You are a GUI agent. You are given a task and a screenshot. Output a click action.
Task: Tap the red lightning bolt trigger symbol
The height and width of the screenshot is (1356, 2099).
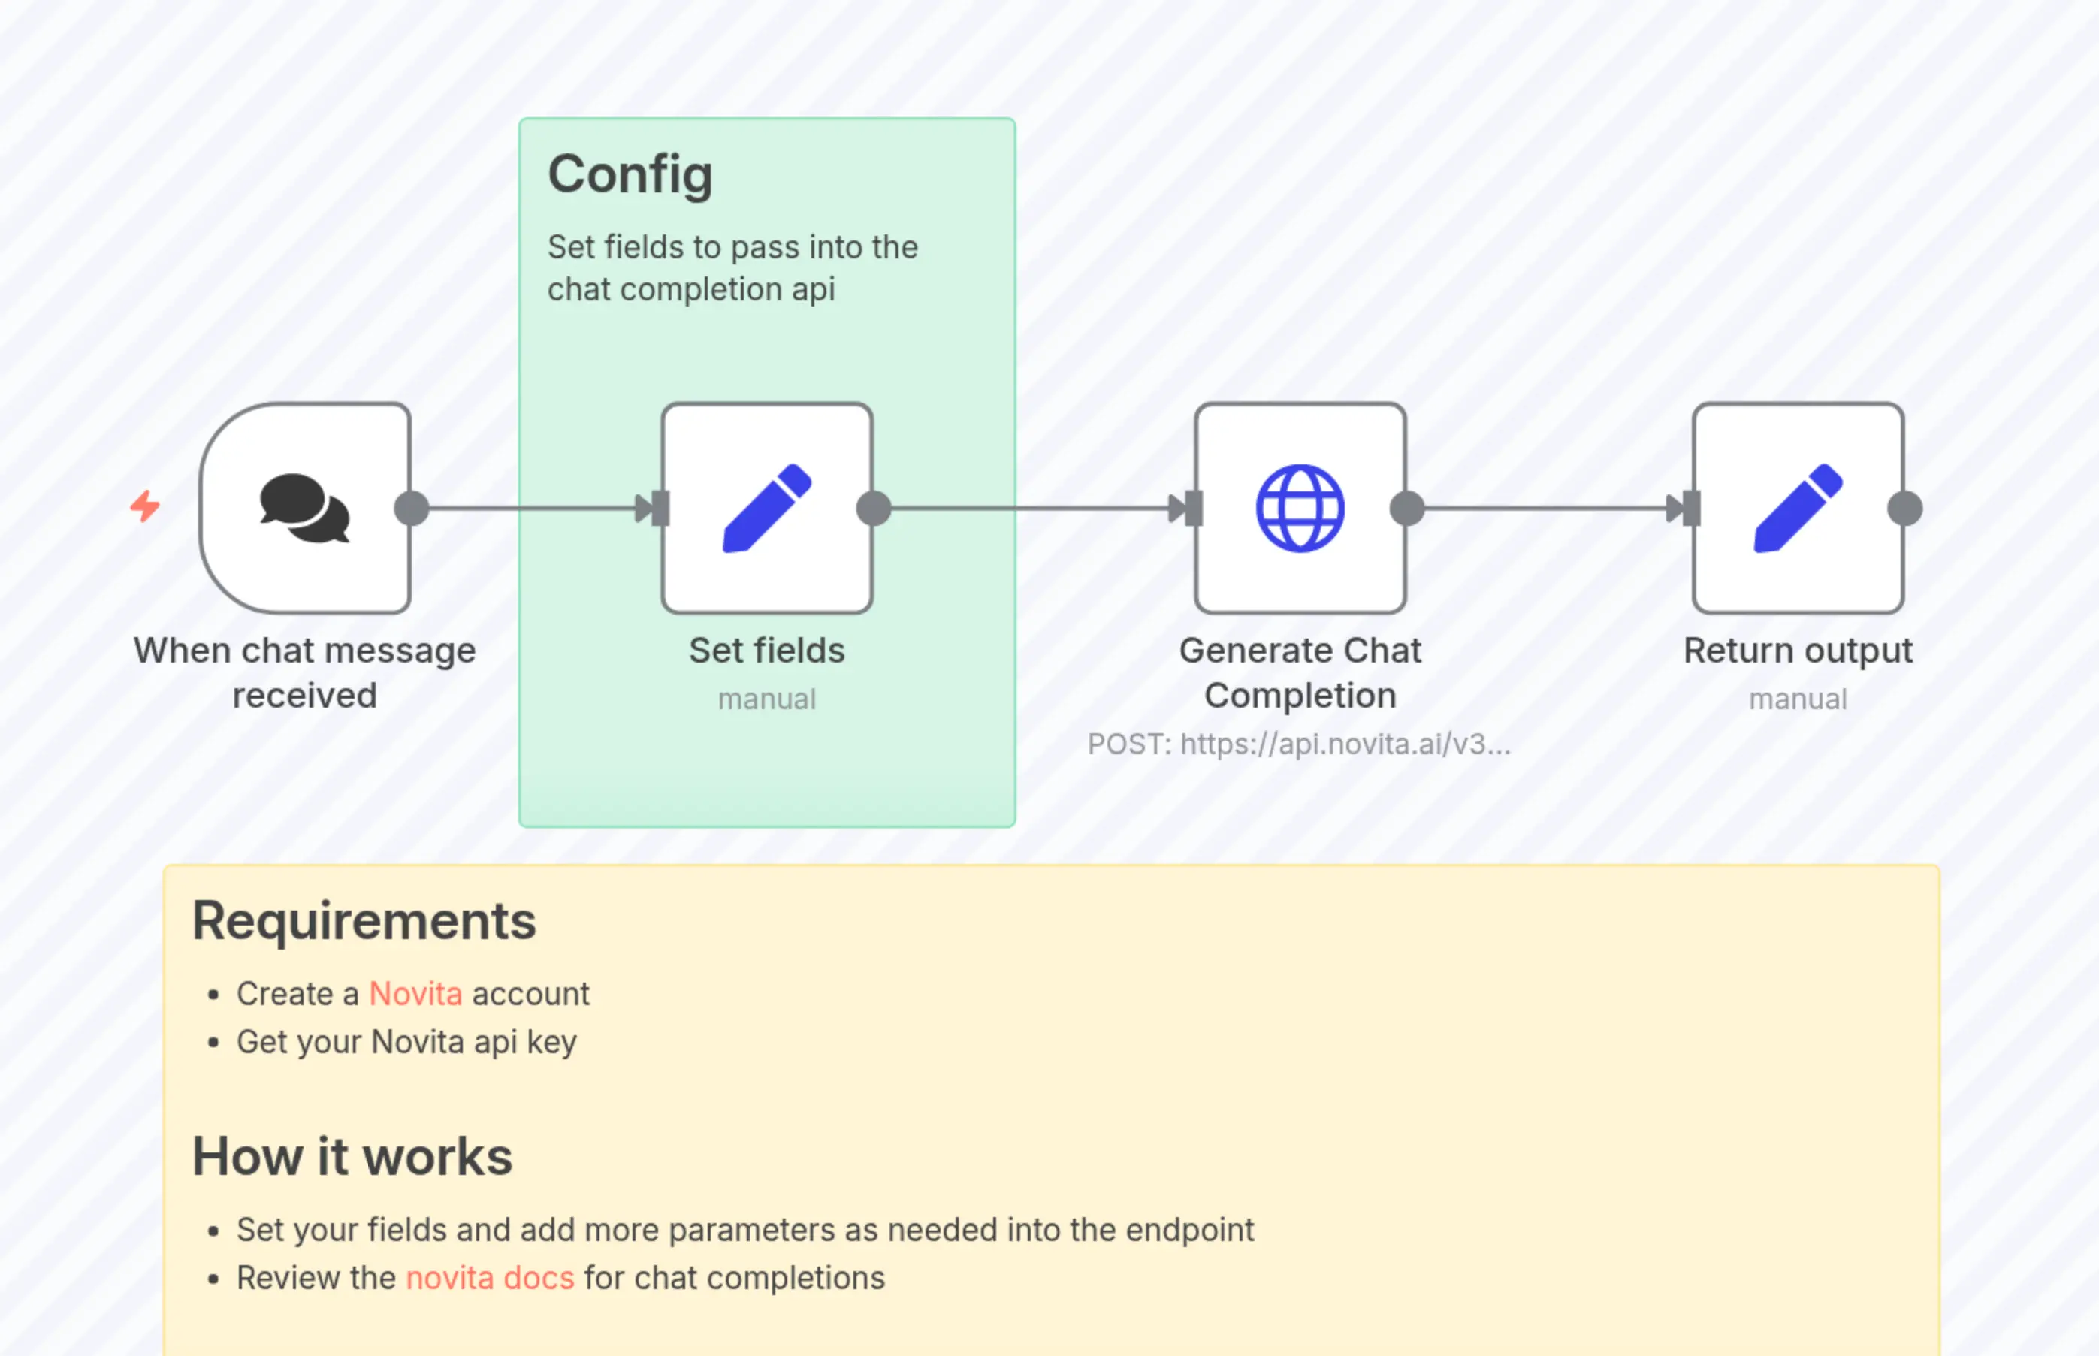pos(145,506)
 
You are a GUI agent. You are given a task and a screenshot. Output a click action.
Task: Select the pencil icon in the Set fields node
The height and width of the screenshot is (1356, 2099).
pos(767,508)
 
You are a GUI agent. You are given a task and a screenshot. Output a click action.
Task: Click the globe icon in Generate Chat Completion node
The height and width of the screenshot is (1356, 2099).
pos(1300,508)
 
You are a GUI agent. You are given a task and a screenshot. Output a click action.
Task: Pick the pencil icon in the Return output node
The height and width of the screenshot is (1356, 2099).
pos(1798,508)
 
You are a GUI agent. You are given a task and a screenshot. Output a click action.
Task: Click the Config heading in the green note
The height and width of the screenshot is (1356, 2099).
pos(630,174)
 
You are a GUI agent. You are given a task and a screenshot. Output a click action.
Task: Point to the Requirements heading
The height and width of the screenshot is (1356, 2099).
pos(364,921)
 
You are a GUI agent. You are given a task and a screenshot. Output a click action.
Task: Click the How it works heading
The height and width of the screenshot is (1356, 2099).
pos(352,1156)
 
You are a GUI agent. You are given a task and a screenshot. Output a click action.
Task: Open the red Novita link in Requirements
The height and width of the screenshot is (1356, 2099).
pos(415,994)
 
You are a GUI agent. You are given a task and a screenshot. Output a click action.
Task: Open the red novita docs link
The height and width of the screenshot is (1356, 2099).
pos(490,1278)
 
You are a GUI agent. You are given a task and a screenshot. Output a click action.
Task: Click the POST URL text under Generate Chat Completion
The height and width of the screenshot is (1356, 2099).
pos(1299,745)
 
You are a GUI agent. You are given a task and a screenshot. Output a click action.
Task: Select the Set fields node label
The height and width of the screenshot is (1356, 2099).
pos(767,651)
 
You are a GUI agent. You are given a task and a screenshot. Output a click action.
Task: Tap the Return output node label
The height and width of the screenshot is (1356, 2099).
pos(1798,651)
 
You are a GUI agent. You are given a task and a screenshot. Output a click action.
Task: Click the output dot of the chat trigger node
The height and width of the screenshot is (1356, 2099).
pos(411,508)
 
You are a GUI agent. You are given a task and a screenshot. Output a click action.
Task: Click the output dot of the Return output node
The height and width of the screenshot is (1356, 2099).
pos(1905,508)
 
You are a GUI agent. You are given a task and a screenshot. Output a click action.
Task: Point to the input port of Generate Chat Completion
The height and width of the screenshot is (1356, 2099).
pos(1193,508)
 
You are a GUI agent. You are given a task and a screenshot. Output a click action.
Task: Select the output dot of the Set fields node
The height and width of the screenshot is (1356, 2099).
pos(874,508)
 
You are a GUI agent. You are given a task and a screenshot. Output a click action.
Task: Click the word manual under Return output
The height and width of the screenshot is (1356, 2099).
pos(1798,699)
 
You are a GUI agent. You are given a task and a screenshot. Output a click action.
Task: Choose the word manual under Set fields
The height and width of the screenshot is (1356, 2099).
pos(767,699)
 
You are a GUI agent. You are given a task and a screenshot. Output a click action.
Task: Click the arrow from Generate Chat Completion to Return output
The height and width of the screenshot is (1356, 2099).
pos(1550,508)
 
